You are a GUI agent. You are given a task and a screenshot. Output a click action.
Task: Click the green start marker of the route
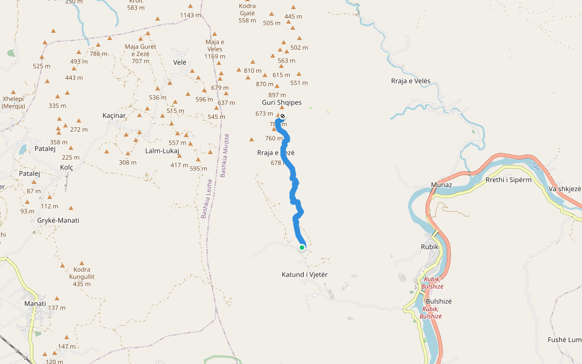coord(301,247)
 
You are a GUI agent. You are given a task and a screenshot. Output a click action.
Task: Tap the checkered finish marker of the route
coord(282,116)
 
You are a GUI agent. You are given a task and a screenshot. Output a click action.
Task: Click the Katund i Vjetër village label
coord(304,275)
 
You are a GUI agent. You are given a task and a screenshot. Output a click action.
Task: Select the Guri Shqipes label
coord(282,103)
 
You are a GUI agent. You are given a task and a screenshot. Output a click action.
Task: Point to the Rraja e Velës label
coord(410,81)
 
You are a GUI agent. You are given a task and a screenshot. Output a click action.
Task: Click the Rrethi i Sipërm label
coord(509,180)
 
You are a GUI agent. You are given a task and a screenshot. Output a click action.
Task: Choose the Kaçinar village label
coord(114,115)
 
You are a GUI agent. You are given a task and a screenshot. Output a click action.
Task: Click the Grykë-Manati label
coord(58,220)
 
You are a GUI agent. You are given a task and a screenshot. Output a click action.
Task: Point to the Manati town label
coord(35,303)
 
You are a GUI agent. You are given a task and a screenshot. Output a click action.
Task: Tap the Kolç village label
coord(66,167)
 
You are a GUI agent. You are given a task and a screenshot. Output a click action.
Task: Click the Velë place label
coord(180,62)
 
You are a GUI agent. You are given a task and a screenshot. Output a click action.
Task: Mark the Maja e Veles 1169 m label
coord(215,49)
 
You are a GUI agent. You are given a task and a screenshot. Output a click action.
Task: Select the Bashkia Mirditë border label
coord(224,155)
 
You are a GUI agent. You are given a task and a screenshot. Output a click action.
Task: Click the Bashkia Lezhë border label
coord(206,198)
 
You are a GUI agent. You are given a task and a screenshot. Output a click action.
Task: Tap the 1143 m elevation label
coord(190,15)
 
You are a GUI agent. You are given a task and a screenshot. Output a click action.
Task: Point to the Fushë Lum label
coord(565,340)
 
